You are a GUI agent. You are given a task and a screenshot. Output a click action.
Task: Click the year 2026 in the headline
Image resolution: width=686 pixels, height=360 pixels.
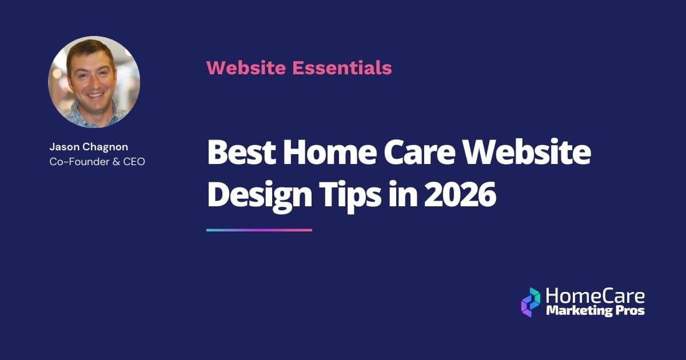tap(460, 195)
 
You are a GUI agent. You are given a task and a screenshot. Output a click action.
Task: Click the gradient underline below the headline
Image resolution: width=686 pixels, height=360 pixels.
tap(259, 230)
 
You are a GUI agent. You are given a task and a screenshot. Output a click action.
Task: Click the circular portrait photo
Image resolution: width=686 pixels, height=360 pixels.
tap(94, 82)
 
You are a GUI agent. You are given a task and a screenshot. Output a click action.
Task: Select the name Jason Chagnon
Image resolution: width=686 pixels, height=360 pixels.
tap(89, 147)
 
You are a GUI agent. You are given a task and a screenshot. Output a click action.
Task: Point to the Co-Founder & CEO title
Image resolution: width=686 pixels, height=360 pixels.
tap(97, 162)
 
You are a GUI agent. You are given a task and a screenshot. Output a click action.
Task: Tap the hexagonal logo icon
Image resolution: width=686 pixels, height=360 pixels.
tap(531, 302)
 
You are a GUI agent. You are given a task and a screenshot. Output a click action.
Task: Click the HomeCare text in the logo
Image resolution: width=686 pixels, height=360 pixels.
tap(595, 296)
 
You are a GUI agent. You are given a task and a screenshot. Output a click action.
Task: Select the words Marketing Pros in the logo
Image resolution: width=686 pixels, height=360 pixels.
tap(595, 311)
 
